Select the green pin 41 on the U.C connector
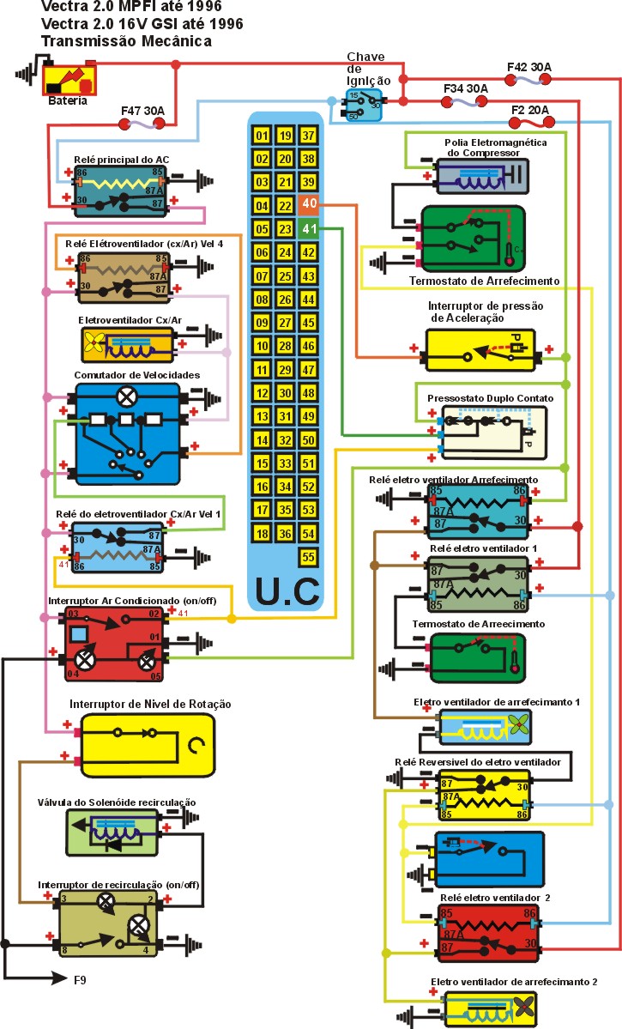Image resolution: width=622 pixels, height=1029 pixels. coord(309,229)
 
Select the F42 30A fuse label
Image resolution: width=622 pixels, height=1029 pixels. coord(529,66)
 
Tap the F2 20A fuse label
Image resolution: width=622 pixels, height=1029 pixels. coord(531,109)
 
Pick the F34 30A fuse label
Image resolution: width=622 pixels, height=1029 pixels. coord(466,88)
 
